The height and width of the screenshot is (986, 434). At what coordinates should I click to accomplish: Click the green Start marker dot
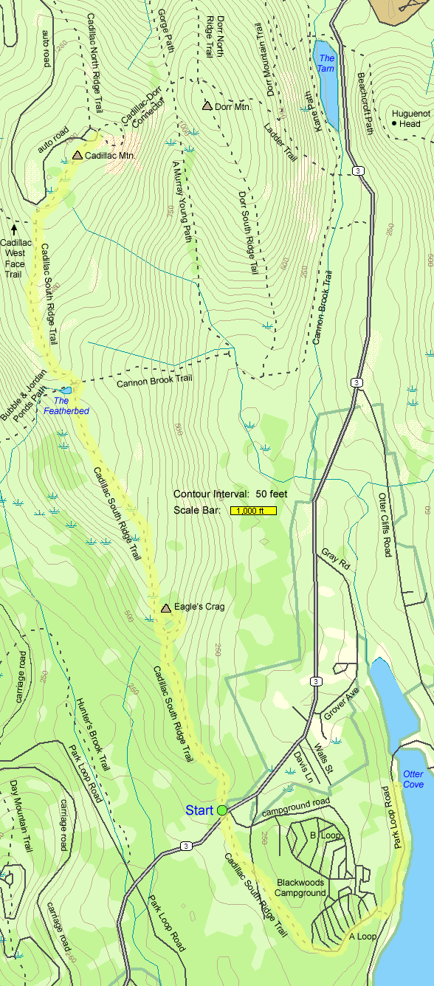coord(222,810)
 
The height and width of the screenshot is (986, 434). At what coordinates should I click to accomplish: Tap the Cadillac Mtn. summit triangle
coord(77,155)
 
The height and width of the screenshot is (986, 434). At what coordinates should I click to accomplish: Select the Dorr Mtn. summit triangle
coord(207,106)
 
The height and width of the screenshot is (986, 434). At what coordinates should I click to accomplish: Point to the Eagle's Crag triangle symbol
coord(166,608)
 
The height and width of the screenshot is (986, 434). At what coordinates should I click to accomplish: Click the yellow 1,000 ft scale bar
coord(253,510)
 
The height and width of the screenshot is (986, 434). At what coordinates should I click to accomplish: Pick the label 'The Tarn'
coord(326,63)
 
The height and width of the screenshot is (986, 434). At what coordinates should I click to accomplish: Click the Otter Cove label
coord(413,779)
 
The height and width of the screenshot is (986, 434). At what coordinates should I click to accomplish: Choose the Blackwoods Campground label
coord(301,887)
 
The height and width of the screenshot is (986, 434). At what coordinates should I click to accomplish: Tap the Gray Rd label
coord(336,557)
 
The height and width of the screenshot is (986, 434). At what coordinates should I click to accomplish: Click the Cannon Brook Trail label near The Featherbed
coord(154,382)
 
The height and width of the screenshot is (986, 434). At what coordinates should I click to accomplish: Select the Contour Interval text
coord(220,494)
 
